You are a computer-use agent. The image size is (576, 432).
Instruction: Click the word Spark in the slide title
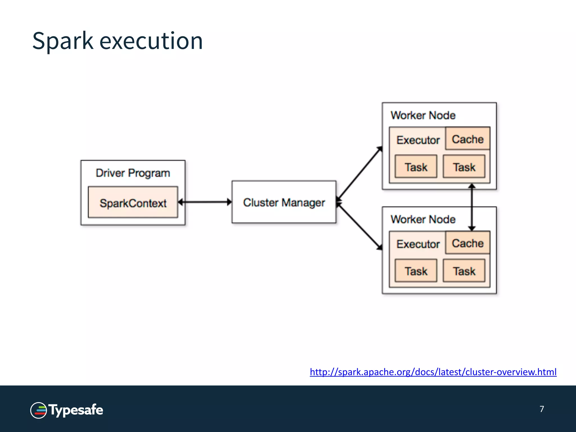pos(62,41)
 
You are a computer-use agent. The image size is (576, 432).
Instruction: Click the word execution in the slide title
pos(151,41)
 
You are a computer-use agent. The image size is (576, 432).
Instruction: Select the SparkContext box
pos(133,202)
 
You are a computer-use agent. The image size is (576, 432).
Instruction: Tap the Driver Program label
pos(133,173)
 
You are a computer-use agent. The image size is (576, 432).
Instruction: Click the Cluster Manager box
pos(284,202)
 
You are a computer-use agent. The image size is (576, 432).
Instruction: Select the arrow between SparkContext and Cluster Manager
pos(205,202)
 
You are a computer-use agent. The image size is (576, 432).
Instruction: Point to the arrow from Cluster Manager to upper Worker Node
pos(359,174)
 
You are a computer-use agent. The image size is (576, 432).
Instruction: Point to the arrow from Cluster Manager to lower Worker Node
pos(359,226)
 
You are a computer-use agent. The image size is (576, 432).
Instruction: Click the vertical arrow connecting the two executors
pos(472,207)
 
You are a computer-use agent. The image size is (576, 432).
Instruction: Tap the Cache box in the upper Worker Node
pos(468,139)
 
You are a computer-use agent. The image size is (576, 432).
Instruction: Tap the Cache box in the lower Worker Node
pos(468,243)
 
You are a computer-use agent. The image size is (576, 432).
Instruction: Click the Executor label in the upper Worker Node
pos(418,140)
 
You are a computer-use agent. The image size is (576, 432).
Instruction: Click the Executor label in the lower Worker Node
pos(418,244)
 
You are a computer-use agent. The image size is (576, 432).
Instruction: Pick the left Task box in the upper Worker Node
pos(416,167)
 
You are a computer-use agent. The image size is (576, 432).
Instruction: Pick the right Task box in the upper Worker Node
pos(464,167)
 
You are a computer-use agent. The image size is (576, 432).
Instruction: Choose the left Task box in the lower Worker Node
pos(416,271)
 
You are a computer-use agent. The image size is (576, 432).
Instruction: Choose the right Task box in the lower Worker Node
pos(464,271)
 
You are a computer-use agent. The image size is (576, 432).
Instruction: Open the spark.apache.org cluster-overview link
pos(433,372)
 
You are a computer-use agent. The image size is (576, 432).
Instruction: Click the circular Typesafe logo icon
pos(39,410)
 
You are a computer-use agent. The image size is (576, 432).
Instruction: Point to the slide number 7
pos(542,409)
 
